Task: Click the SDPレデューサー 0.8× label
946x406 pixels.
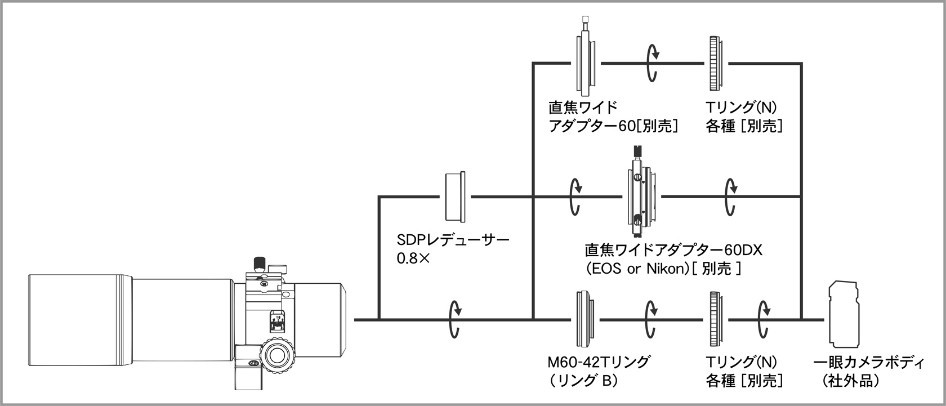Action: tap(453, 249)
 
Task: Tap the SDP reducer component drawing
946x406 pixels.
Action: tap(456, 197)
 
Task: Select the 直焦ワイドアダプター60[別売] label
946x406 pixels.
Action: tap(613, 117)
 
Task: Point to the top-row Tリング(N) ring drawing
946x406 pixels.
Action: tap(715, 64)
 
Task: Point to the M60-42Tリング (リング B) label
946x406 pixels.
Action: tap(599, 371)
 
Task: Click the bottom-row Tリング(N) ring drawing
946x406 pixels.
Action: tap(716, 319)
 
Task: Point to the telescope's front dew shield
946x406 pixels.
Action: tap(80, 319)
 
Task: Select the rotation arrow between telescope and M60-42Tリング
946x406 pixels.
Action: tap(454, 319)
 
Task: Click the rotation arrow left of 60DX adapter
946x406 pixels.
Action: tap(574, 197)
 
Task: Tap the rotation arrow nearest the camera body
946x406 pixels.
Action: tap(764, 319)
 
